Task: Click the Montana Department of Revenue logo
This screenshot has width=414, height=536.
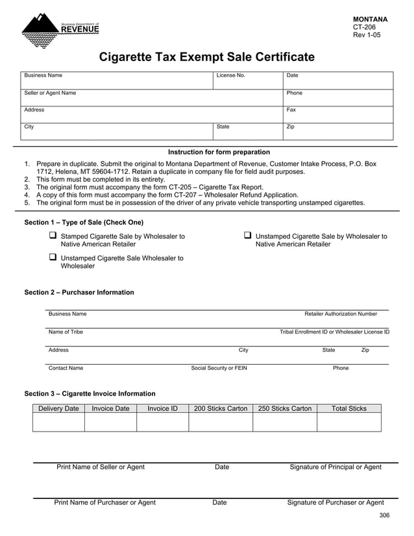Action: point(60,30)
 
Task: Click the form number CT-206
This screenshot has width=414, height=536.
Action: point(364,27)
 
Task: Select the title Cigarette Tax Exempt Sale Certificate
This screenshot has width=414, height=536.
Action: point(206,57)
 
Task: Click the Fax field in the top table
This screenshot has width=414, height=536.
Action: point(338,115)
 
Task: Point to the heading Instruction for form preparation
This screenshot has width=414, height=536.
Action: point(219,152)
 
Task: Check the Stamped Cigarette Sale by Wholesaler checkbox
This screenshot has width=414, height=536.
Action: point(53,236)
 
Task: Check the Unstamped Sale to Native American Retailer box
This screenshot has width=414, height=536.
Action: point(248,236)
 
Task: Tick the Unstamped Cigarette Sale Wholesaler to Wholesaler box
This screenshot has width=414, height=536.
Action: point(53,257)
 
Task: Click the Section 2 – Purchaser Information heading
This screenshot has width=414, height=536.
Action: point(79,293)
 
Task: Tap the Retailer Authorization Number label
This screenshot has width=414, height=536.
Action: point(340,314)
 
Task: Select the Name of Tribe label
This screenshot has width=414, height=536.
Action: point(66,332)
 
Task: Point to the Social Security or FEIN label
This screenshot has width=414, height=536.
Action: point(219,368)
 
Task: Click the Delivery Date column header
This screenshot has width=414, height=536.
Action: point(58,408)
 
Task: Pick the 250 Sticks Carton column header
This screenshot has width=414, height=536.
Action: point(284,408)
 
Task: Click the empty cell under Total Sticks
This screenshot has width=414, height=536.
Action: point(348,422)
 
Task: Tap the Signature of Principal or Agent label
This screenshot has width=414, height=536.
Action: point(335,467)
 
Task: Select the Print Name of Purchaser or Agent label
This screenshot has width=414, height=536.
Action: point(104,502)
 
